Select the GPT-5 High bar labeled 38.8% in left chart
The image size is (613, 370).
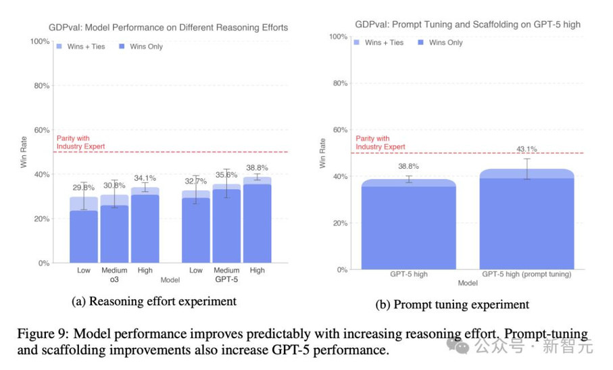(x=258, y=223)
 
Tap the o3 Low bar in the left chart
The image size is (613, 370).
(x=84, y=233)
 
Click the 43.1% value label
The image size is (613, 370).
(x=526, y=149)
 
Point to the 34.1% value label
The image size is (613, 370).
(x=145, y=178)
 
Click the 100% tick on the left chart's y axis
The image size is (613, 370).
(x=40, y=42)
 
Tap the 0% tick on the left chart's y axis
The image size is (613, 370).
(x=43, y=263)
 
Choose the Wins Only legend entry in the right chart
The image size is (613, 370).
(x=442, y=43)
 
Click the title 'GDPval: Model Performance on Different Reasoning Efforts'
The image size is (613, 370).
(x=168, y=28)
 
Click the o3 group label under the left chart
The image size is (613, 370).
(x=114, y=278)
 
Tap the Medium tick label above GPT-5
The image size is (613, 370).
(x=226, y=270)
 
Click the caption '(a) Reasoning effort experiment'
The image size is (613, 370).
(x=155, y=301)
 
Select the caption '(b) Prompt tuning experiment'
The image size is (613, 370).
(x=452, y=305)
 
